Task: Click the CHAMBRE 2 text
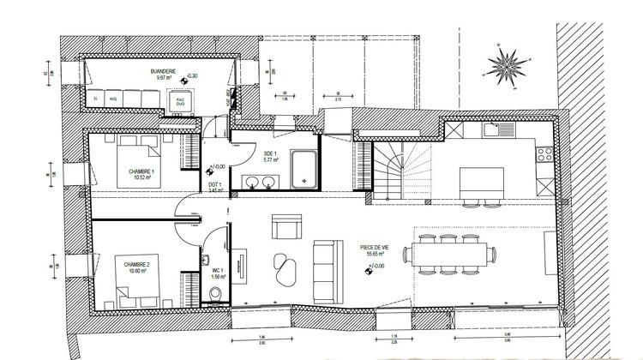point(137,265)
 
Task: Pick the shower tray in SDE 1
point(303,168)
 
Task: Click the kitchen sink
point(491,130)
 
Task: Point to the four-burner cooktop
point(542,155)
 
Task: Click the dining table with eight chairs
point(454,255)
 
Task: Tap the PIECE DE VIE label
point(375,249)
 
